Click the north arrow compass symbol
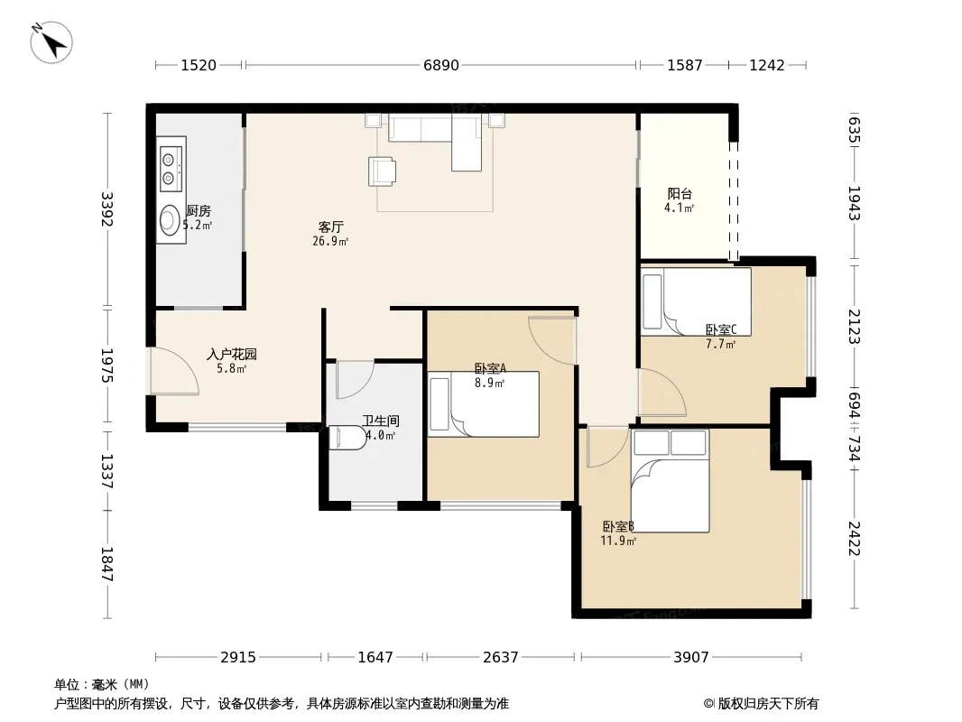[x=51, y=42]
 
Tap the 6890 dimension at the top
[x=441, y=65]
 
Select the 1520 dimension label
[x=199, y=65]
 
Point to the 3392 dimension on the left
[x=107, y=209]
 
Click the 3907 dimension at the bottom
[x=691, y=658]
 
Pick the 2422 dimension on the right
[x=854, y=538]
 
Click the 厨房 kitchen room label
[x=199, y=211]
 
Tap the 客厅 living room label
[x=330, y=227]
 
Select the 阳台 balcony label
[x=680, y=194]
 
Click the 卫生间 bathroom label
[x=381, y=421]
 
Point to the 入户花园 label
[x=231, y=354]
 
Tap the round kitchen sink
[x=170, y=220]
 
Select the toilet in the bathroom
[x=347, y=438]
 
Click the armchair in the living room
[x=382, y=171]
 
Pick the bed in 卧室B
[x=670, y=481]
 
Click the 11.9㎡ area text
[x=618, y=541]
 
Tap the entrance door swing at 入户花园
[x=174, y=371]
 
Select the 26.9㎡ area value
[x=330, y=242]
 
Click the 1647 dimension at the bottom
[x=375, y=658]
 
